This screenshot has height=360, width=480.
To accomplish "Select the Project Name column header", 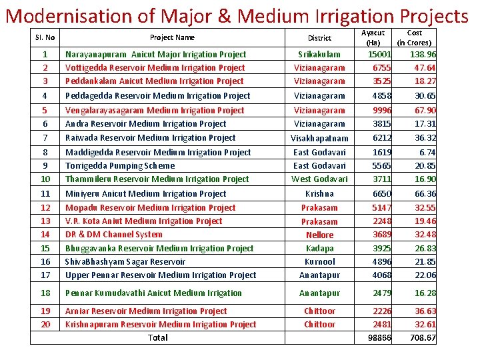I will coord(172,38).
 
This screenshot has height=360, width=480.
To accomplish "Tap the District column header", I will coord(319,38).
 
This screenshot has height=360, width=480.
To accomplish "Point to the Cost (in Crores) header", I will coord(414,37).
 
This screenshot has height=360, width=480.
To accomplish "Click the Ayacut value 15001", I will coord(380,55).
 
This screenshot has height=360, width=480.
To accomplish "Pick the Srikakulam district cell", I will coord(319,55).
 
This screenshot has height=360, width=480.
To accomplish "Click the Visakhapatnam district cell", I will coord(319,139).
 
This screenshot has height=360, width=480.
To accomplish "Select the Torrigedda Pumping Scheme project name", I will coord(120,166).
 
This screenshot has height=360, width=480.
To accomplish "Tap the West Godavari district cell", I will coord(319,179).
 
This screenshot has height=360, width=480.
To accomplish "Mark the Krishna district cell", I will coord(319,194).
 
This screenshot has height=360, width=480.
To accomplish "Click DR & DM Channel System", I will coord(114,235).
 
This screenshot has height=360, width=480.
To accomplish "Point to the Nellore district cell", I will coord(319,235).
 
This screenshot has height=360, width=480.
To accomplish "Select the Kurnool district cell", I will coord(319,262).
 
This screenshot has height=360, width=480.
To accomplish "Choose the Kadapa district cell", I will coord(319,248).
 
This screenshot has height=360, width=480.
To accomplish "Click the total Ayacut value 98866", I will coord(380,338).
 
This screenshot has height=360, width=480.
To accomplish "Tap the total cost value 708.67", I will coord(423,338).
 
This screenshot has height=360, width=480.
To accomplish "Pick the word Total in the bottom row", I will coord(158,337).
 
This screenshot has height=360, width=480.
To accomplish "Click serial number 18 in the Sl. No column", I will coord(45,293).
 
